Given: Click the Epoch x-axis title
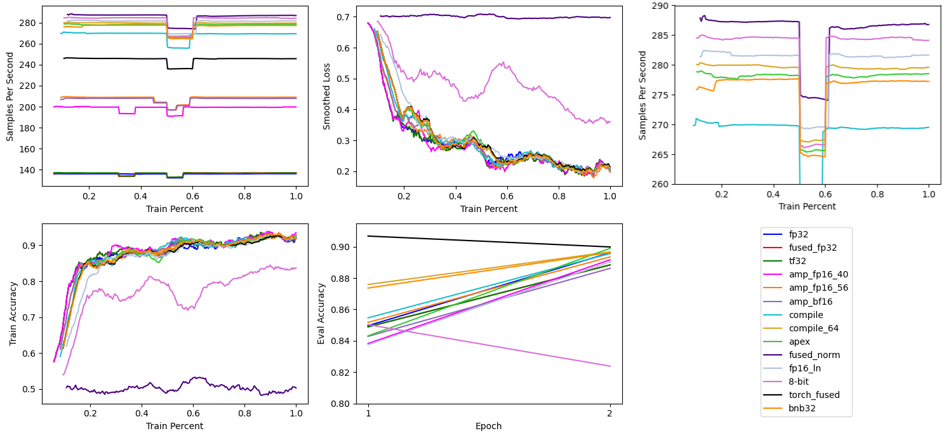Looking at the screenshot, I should coord(488,426).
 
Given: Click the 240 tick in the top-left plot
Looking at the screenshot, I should coord(29,65).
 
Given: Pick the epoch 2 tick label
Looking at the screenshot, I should coord(610,413).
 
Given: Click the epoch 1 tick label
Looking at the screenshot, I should coord(368,413).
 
